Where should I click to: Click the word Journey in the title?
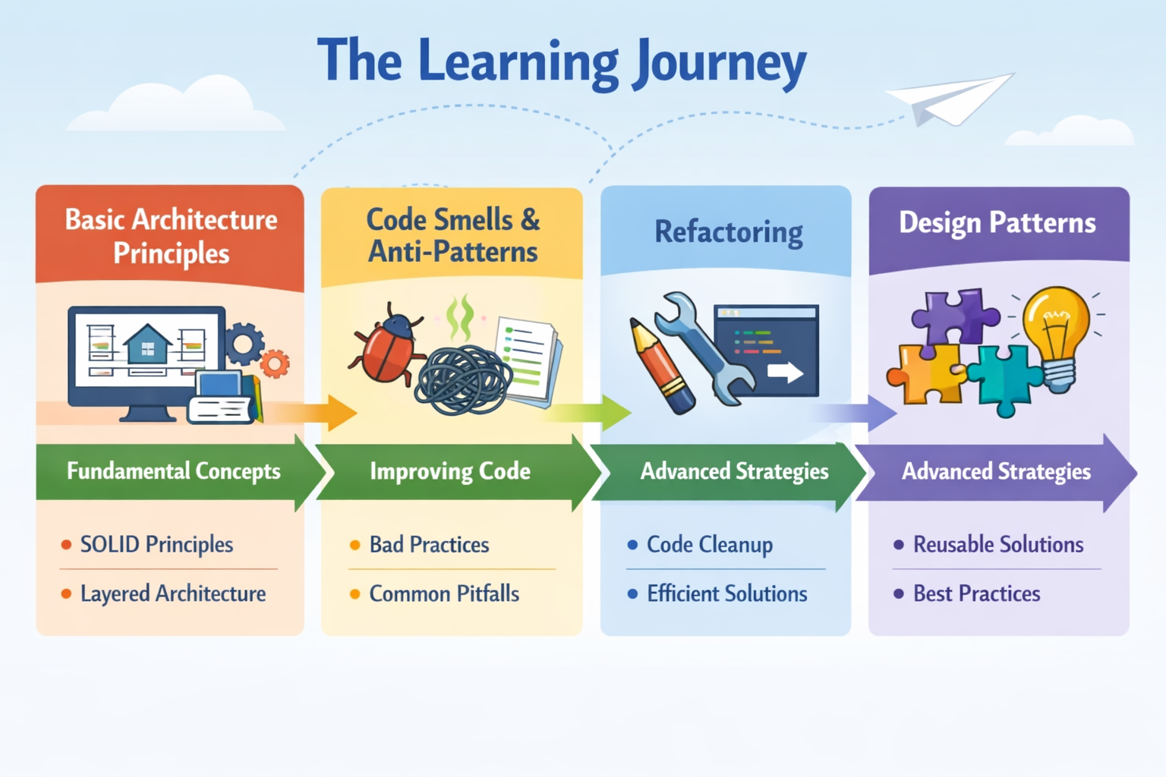(720, 62)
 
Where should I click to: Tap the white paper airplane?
(950, 99)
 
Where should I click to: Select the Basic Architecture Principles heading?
(171, 235)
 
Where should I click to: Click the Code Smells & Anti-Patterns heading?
(452, 235)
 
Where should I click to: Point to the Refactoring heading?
(728, 231)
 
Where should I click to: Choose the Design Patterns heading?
(997, 223)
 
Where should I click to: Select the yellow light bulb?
(1056, 334)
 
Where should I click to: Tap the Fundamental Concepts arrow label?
(173, 471)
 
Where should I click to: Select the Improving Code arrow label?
(449, 471)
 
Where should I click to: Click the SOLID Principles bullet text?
(156, 545)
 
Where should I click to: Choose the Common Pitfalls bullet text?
(444, 593)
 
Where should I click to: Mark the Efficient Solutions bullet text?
(726, 593)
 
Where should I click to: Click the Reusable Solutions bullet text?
(997, 545)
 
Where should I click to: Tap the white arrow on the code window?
(785, 372)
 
